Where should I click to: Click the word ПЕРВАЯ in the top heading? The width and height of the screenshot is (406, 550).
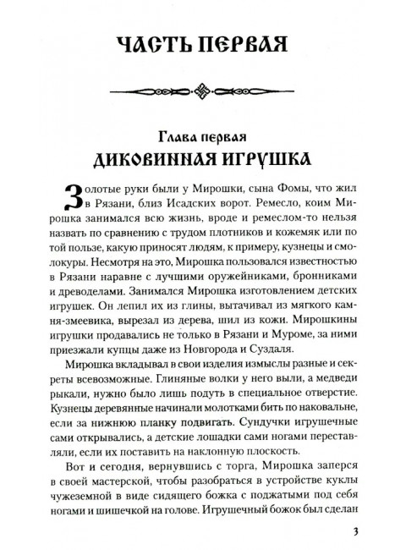pyautogui.click(x=242, y=46)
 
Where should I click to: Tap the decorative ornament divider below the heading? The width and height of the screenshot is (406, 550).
pyautogui.click(x=204, y=91)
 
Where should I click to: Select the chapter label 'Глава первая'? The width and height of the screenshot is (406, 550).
pyautogui.click(x=203, y=138)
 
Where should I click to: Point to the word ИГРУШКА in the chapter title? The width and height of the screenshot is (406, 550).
pyautogui.click(x=272, y=162)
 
